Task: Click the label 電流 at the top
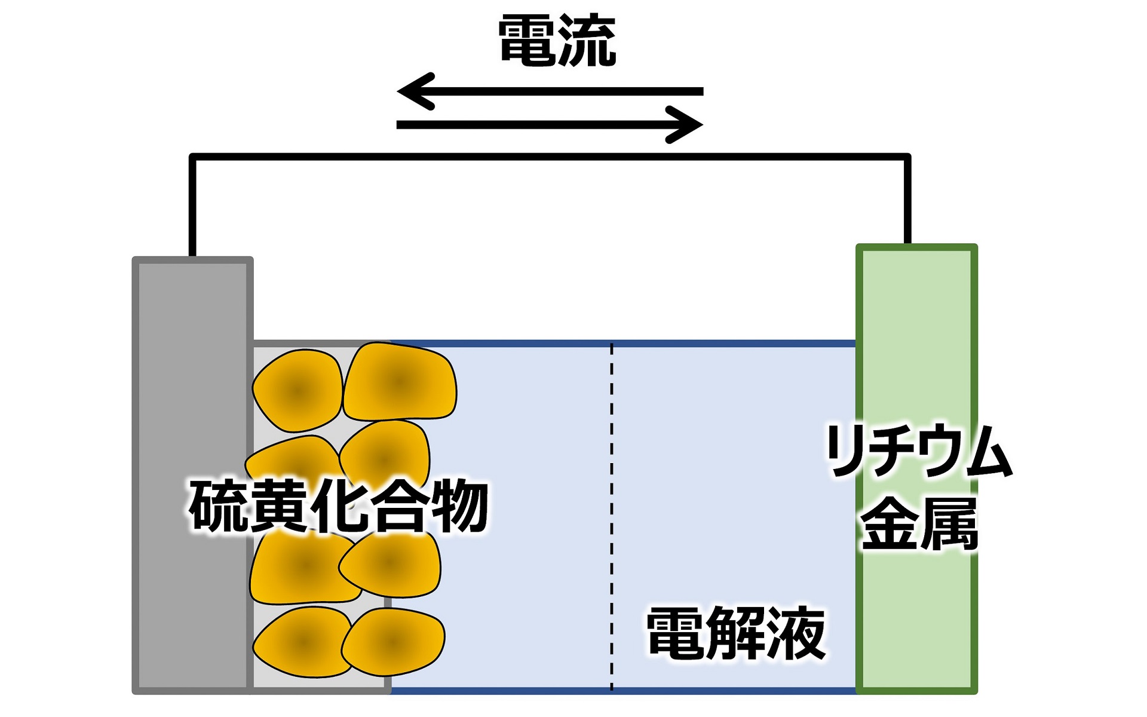(557, 41)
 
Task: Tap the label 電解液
(736, 633)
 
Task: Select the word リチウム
(918, 451)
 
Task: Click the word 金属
(918, 524)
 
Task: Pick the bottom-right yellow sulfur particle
(393, 642)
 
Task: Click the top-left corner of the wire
(192, 157)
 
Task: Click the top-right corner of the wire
(907, 157)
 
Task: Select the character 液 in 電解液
(798, 633)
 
